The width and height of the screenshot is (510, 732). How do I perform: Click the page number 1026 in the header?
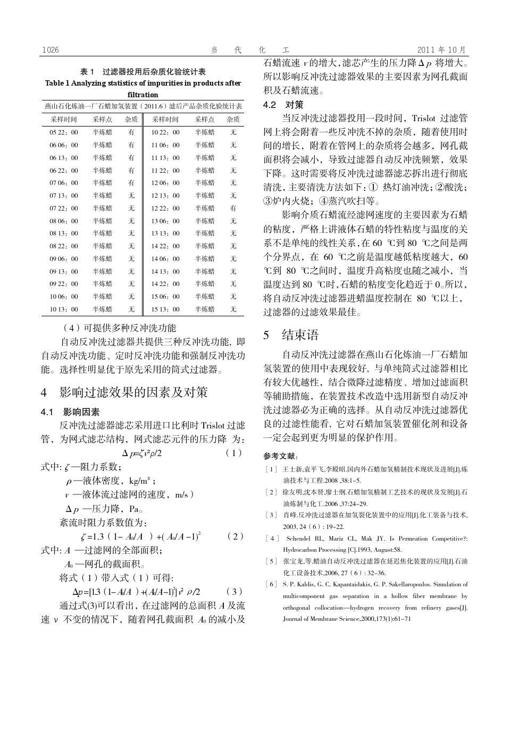(x=50, y=50)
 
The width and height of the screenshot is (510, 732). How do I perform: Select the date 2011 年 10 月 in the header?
(x=441, y=50)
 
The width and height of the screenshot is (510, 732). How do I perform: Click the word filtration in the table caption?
(x=143, y=95)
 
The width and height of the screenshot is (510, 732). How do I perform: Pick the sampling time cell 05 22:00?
(x=64, y=132)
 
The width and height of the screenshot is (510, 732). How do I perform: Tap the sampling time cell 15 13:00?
(x=165, y=309)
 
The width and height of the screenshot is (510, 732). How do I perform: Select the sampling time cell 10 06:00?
(x=64, y=297)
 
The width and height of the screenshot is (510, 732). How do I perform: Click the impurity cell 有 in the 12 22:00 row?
(x=233, y=208)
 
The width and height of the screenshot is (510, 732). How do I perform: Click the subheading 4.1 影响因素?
(x=70, y=412)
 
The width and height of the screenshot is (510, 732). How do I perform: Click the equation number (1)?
(x=233, y=453)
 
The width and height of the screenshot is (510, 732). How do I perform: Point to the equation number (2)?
(x=235, y=536)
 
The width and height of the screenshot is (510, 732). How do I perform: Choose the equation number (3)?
(x=234, y=591)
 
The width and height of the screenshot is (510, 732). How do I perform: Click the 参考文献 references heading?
(x=281, y=456)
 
